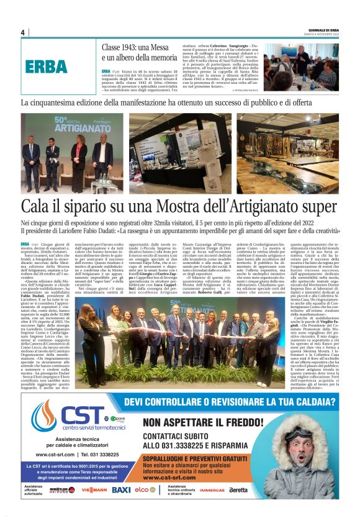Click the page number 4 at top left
(x=23, y=32)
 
